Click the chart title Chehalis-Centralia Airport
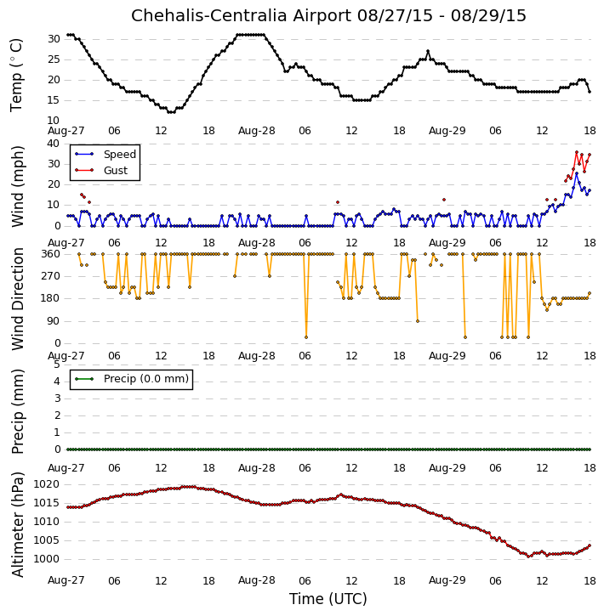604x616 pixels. pyautogui.click(x=241, y=15)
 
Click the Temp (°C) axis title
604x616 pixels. pyautogui.click(x=16, y=76)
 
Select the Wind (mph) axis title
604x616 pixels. pyautogui.click(x=18, y=186)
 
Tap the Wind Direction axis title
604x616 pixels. pyautogui.click(x=18, y=299)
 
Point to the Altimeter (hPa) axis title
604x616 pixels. pyautogui.click(x=18, y=525)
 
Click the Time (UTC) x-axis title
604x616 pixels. pyautogui.click(x=328, y=599)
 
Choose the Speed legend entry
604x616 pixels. pyautogui.click(x=105, y=155)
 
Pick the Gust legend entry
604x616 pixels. pyautogui.click(x=101, y=171)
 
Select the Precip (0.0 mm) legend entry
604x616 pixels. pyautogui.click(x=132, y=379)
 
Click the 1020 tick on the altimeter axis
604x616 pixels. pyautogui.click(x=47, y=484)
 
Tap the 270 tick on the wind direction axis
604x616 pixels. pyautogui.click(x=51, y=276)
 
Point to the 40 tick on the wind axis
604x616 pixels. pyautogui.click(x=54, y=144)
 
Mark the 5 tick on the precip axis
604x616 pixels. pyautogui.click(x=57, y=365)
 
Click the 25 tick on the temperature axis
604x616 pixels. pyautogui.click(x=54, y=59)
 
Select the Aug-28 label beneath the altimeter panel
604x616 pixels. pyautogui.click(x=256, y=580)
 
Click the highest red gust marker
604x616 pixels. pyautogui.click(x=577, y=152)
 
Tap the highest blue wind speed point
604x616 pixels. pyautogui.click(x=577, y=173)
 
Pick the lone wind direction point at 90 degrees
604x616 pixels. pyautogui.click(x=418, y=321)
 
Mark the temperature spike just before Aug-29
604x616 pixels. pyautogui.click(x=428, y=52)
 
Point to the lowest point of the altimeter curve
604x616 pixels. pyautogui.click(x=529, y=557)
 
